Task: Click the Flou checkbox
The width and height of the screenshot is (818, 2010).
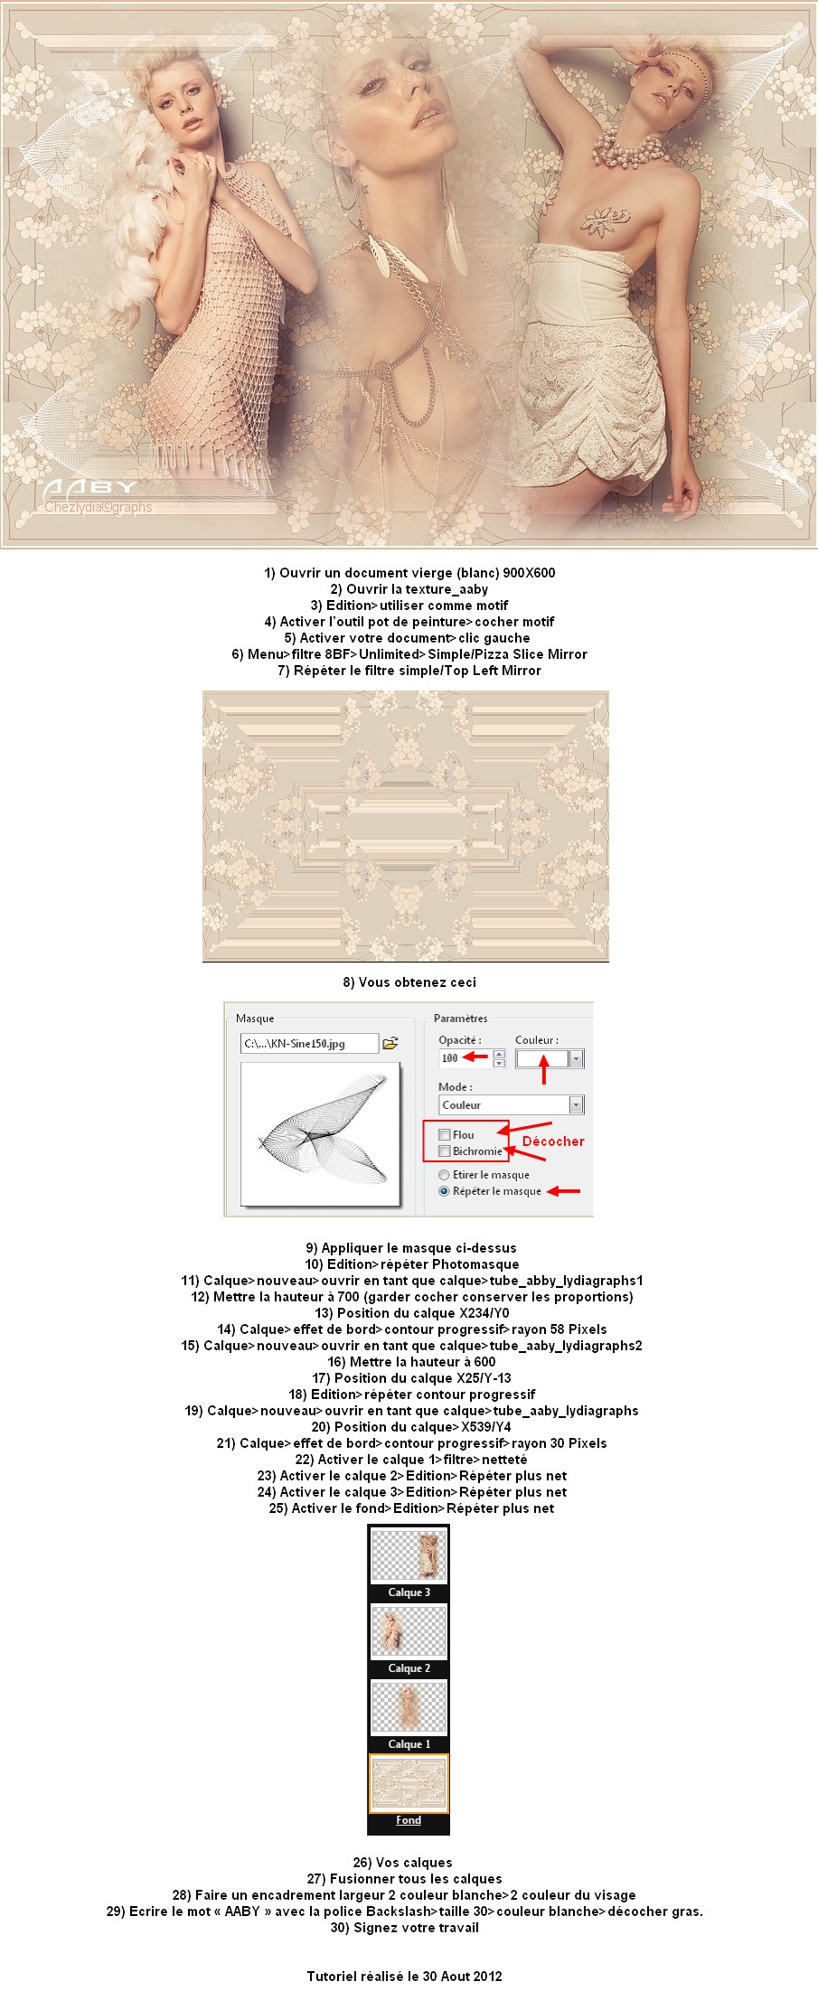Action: point(445,1134)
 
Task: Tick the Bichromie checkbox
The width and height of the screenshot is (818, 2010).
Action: point(445,1151)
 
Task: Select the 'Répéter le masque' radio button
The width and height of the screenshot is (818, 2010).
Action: point(444,1191)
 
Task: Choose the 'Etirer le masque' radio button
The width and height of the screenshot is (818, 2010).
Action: point(444,1175)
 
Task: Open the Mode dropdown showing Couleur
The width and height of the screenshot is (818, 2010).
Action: point(576,1104)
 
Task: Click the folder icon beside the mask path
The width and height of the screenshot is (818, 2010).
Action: point(390,1043)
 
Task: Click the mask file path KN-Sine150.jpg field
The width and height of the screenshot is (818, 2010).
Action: point(308,1044)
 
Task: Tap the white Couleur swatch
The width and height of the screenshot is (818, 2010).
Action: point(542,1058)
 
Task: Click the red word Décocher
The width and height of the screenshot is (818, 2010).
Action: point(553,1141)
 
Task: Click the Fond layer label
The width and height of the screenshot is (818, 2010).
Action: point(409,1820)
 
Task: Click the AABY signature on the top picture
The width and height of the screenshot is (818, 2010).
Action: point(89,490)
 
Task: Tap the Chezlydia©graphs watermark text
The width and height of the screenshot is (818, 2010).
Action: point(99,507)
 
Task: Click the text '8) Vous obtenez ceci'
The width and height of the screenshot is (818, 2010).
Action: point(409,982)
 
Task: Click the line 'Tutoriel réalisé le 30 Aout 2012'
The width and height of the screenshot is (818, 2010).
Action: point(404,1977)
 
